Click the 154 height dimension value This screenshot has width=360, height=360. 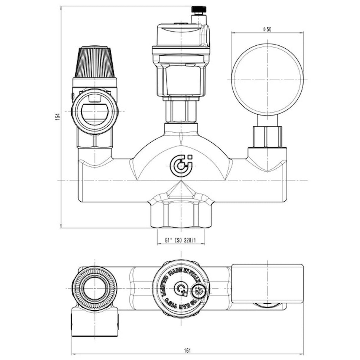(x=58, y=116)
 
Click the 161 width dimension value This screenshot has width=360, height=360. (x=187, y=351)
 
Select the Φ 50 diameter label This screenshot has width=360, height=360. (x=267, y=29)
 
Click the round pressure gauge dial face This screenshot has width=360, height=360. (x=267, y=79)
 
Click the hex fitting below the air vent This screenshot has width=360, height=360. (x=181, y=111)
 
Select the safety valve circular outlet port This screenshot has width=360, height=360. (x=95, y=111)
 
